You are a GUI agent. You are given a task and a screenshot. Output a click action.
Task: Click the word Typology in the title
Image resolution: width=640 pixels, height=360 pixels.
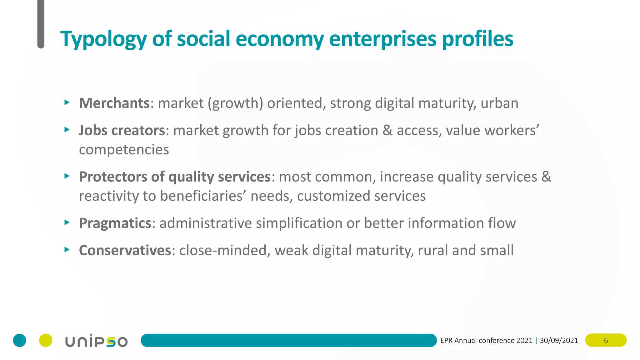[103, 39]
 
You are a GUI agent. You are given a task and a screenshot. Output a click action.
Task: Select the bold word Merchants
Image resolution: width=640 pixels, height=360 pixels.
[114, 103]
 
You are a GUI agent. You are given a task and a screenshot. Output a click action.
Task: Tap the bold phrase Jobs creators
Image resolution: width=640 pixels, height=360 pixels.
[122, 130]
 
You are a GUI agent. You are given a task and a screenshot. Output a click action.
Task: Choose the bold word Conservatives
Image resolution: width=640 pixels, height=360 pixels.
[125, 250]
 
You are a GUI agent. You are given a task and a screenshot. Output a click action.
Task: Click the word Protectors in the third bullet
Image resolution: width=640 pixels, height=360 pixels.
[113, 177]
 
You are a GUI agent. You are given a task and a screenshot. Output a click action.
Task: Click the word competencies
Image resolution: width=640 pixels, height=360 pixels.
[124, 150]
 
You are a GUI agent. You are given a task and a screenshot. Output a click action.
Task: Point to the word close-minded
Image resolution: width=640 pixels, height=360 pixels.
[223, 250]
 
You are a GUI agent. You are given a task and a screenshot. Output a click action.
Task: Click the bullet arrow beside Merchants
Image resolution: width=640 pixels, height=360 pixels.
[67, 102]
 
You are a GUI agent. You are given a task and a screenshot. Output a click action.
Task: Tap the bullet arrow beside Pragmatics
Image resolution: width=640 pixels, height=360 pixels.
[67, 222]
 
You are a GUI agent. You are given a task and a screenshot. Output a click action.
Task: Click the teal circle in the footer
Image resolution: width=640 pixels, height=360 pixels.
[19, 340]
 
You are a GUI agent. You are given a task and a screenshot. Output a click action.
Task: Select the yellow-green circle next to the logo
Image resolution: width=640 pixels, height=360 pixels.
[46, 340]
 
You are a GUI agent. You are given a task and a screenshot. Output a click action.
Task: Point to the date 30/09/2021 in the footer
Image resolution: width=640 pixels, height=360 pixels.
[559, 340]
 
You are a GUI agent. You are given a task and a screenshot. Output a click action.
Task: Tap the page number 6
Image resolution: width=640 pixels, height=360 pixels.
[606, 340]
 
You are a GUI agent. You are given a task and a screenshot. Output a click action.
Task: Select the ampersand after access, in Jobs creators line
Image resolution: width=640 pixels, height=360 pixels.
[387, 130]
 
